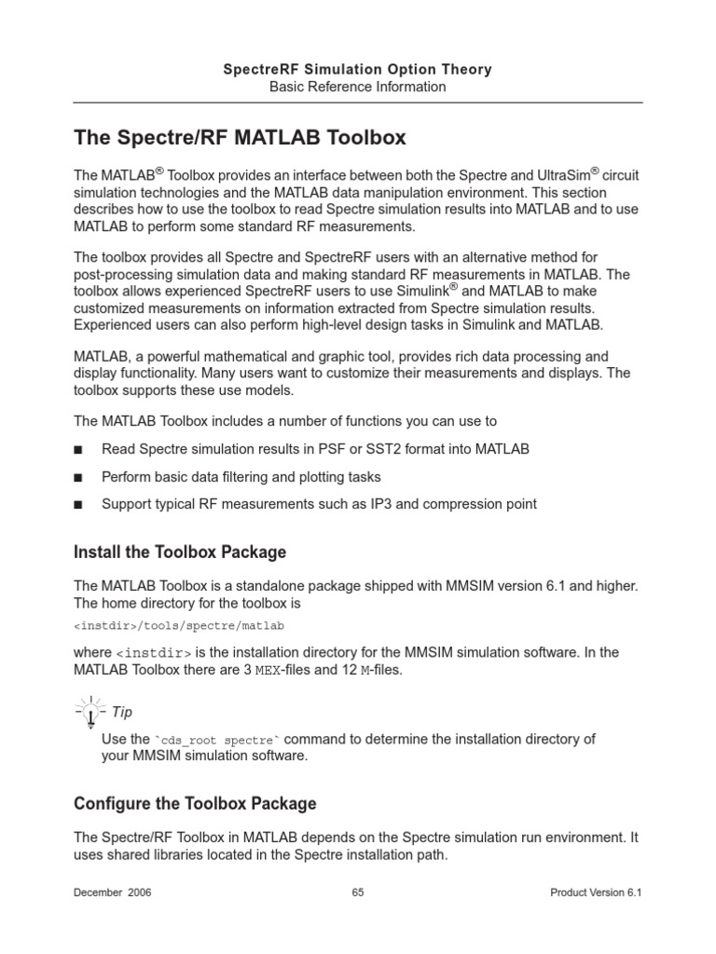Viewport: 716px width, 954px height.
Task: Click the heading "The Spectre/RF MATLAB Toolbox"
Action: (x=240, y=138)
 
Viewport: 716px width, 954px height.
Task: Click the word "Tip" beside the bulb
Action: (x=122, y=713)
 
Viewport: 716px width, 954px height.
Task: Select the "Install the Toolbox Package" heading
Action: (x=180, y=552)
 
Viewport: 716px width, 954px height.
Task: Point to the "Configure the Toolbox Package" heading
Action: (x=195, y=803)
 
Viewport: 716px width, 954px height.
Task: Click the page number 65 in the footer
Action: (x=358, y=893)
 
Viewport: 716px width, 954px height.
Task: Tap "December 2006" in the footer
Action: (x=113, y=893)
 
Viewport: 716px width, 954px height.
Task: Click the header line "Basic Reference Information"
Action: (x=358, y=87)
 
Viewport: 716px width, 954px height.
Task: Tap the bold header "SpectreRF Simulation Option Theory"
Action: (x=358, y=69)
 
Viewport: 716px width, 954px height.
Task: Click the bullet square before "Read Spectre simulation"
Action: (x=78, y=450)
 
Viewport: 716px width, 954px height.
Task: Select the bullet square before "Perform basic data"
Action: (x=78, y=478)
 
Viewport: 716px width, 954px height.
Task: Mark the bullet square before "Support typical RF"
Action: (x=78, y=506)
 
